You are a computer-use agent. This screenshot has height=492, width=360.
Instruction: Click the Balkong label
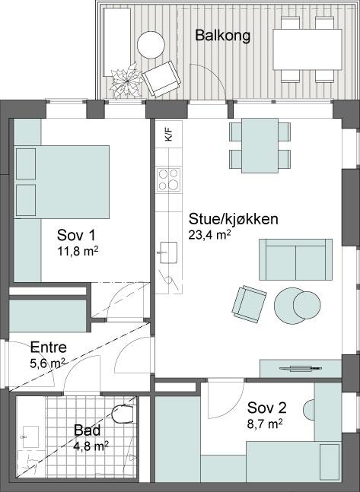pyautogui.click(x=223, y=36)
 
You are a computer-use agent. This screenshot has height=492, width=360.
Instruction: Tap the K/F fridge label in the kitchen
pyautogui.click(x=169, y=135)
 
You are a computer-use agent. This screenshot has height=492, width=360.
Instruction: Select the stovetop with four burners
pyautogui.click(x=169, y=179)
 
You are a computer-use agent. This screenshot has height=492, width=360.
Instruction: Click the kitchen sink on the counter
pyautogui.click(x=169, y=252)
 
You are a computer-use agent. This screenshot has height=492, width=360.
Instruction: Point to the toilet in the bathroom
pyautogui.click(x=123, y=414)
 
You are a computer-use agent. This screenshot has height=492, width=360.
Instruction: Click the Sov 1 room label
pyautogui.click(x=76, y=235)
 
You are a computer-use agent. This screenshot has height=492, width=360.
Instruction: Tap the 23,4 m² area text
pyautogui.click(x=210, y=234)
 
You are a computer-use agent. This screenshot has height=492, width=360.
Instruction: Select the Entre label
pyautogui.click(x=49, y=347)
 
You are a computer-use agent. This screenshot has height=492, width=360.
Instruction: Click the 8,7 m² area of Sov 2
pyautogui.click(x=265, y=424)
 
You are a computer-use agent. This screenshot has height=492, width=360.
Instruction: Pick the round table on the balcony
pyautogui.click(x=151, y=45)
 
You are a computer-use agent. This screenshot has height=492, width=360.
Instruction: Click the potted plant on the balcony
pyautogui.click(x=126, y=81)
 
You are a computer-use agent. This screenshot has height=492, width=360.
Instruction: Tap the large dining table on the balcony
pyautogui.click(x=307, y=49)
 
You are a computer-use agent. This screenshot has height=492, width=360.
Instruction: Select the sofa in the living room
pyautogui.click(x=295, y=259)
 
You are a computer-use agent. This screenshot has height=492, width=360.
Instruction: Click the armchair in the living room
pyautogui.click(x=249, y=304)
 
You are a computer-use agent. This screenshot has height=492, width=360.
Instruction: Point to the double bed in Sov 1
pyautogui.click(x=62, y=182)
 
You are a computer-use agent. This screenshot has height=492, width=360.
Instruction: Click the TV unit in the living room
pyautogui.click(x=301, y=369)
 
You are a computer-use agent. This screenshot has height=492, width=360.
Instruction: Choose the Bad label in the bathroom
pyautogui.click(x=87, y=430)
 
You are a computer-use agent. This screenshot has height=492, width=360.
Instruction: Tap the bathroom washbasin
pyautogui.click(x=30, y=436)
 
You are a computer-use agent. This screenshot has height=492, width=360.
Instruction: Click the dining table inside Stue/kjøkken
pyautogui.click(x=260, y=145)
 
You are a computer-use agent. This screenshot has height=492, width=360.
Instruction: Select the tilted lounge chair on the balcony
pyautogui.click(x=161, y=78)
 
